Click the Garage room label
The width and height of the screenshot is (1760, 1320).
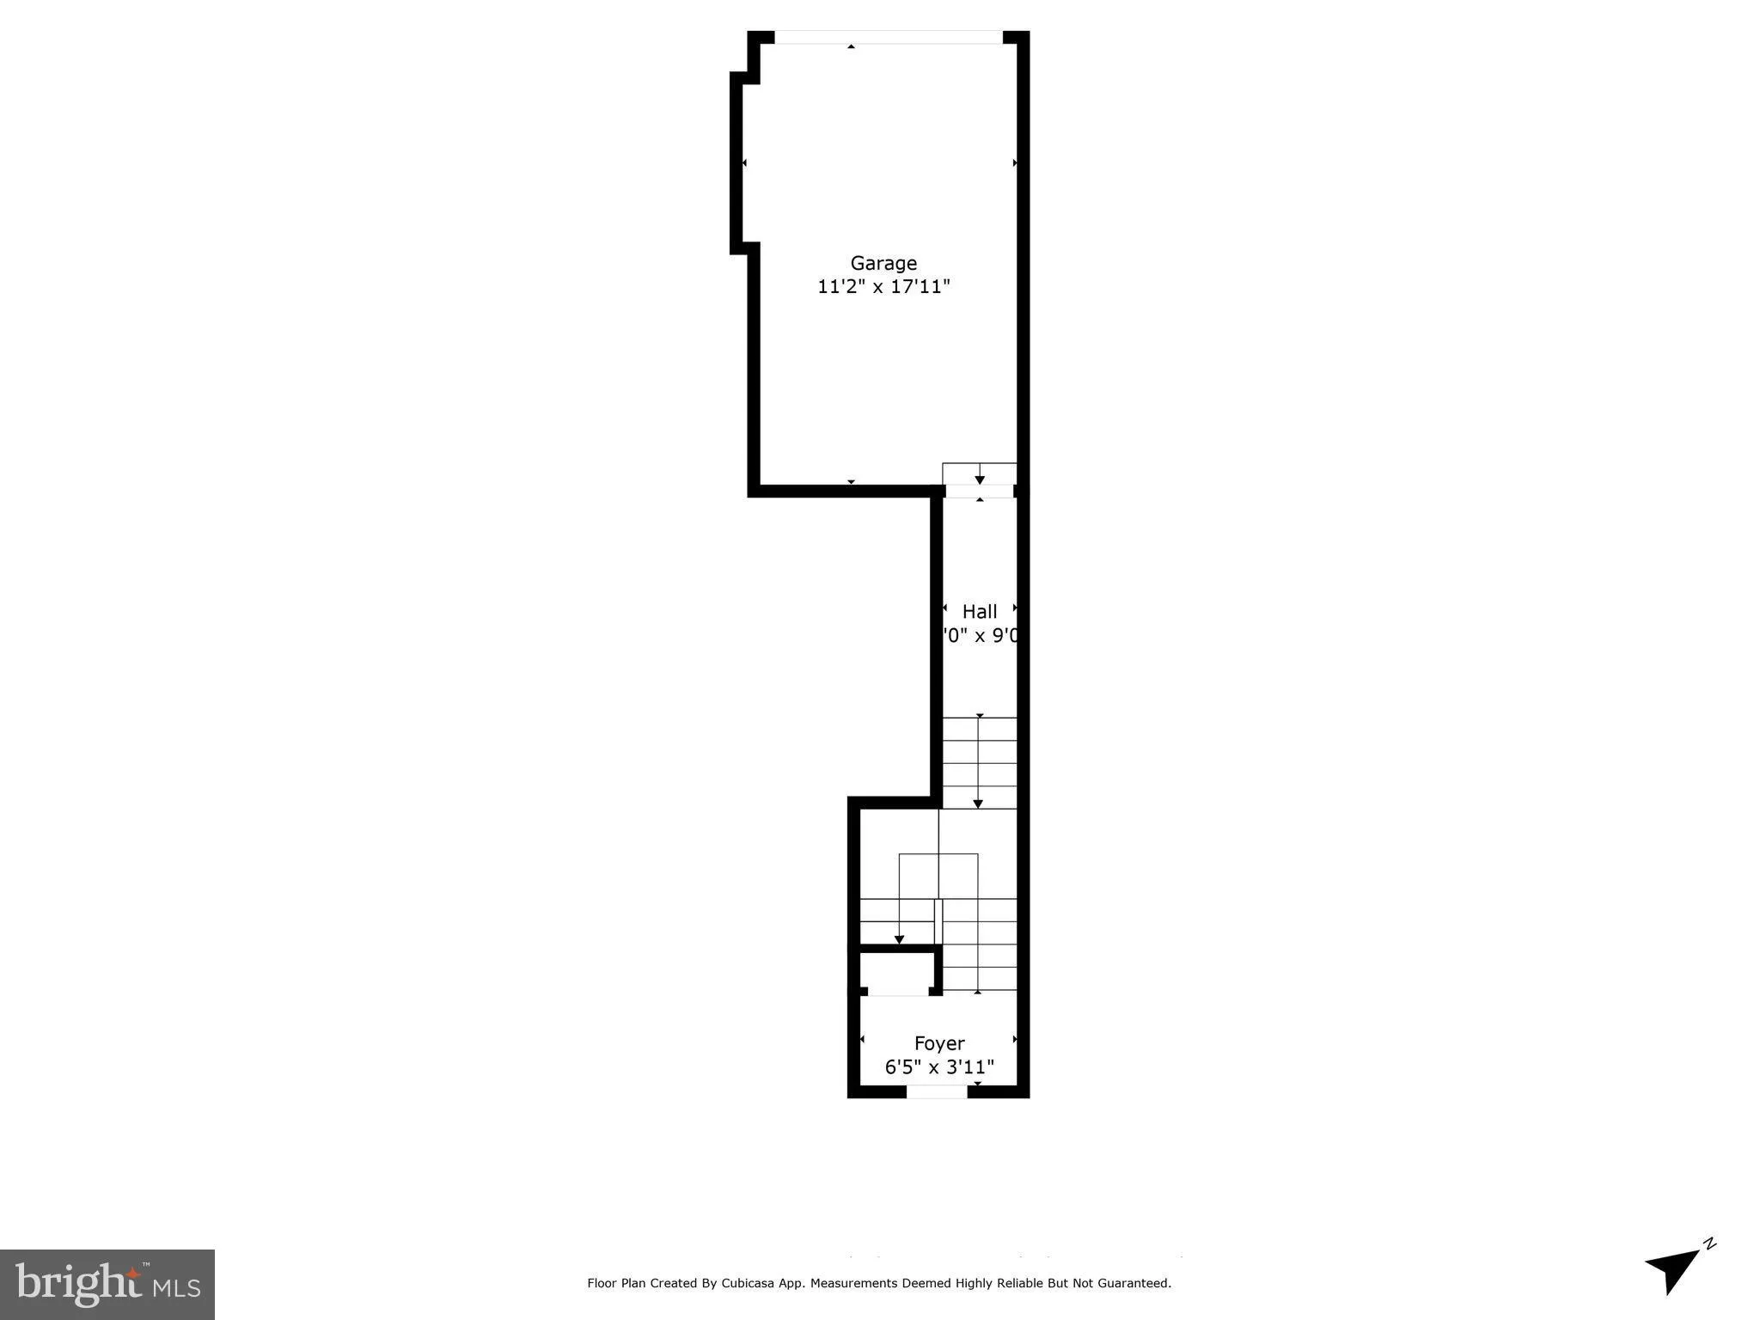click(883, 263)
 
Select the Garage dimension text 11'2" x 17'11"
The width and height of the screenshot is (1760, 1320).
click(883, 286)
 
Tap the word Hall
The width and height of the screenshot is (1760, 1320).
click(980, 612)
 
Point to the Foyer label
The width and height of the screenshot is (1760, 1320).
click(939, 1043)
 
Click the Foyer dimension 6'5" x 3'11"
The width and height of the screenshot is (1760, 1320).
click(939, 1067)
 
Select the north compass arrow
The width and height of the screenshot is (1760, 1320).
click(1671, 1269)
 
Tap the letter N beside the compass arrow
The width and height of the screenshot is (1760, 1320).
click(1710, 1244)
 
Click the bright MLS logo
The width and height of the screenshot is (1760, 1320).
click(107, 1284)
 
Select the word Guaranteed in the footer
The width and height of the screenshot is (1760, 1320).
click(1136, 1283)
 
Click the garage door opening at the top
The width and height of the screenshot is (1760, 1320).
click(889, 37)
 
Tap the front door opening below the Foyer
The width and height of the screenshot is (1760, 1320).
click(937, 1092)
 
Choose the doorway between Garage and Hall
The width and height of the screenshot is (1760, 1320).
click(980, 492)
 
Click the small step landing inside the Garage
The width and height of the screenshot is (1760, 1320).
click(980, 474)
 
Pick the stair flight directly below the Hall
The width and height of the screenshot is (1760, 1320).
click(980, 763)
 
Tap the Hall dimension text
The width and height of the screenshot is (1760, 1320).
click(980, 636)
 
